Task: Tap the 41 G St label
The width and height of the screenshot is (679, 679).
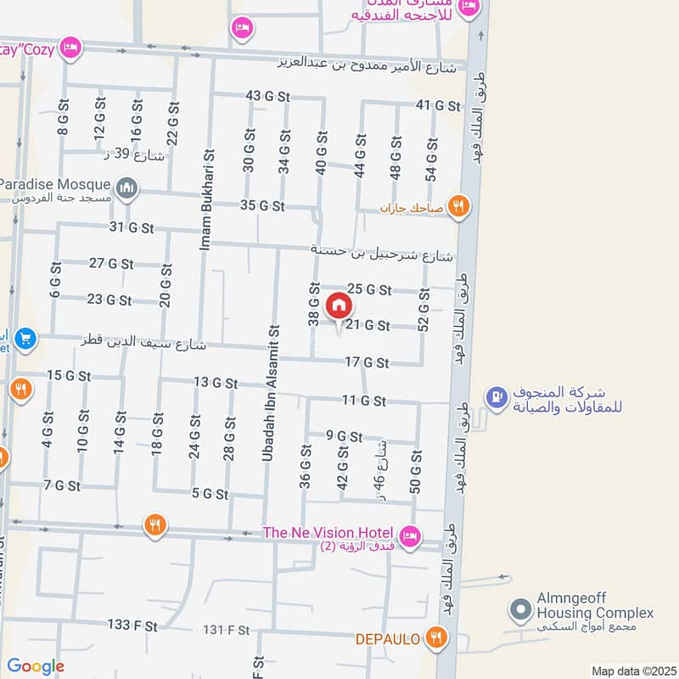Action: coord(437,105)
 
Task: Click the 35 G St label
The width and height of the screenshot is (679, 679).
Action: coord(262,205)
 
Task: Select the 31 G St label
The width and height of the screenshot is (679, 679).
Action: coord(132,227)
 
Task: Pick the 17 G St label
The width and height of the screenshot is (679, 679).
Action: coord(367,362)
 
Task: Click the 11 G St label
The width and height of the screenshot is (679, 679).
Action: coord(364,400)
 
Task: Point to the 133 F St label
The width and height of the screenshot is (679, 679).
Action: coord(132,625)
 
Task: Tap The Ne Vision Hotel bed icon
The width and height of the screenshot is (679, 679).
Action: coord(410,536)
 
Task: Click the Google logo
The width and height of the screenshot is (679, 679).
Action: coord(36,666)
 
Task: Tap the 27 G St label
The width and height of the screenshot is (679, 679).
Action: coord(110,264)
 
